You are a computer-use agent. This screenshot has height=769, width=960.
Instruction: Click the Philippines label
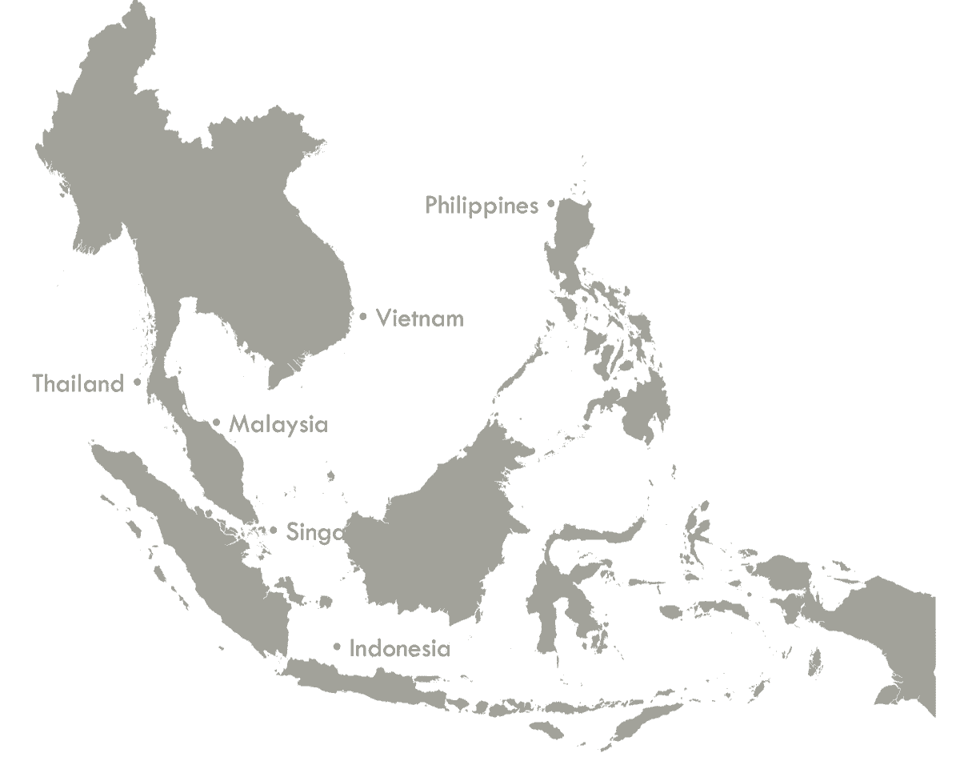(x=481, y=206)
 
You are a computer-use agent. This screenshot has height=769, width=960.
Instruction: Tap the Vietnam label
(x=420, y=318)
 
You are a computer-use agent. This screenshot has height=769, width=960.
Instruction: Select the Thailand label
(x=78, y=384)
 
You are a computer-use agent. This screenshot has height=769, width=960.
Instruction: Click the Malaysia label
(x=278, y=424)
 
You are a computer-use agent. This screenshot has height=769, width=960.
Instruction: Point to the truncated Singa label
(x=314, y=532)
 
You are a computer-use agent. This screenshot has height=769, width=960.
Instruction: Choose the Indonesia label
(x=400, y=648)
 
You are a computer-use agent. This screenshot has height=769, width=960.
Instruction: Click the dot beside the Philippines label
(x=550, y=204)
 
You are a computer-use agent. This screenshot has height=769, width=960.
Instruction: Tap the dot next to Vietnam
(x=363, y=317)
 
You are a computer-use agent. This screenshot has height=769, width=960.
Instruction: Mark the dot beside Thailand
(x=138, y=382)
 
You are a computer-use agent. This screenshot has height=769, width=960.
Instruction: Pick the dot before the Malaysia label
(x=216, y=423)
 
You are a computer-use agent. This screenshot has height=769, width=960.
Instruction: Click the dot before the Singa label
(x=274, y=530)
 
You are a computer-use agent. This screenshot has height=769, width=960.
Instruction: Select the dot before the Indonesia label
(x=337, y=647)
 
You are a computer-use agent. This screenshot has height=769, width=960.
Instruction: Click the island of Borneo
(x=432, y=536)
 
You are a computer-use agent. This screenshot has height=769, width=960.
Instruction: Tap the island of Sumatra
(x=200, y=544)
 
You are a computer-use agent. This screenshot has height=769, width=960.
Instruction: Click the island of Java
(x=376, y=684)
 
